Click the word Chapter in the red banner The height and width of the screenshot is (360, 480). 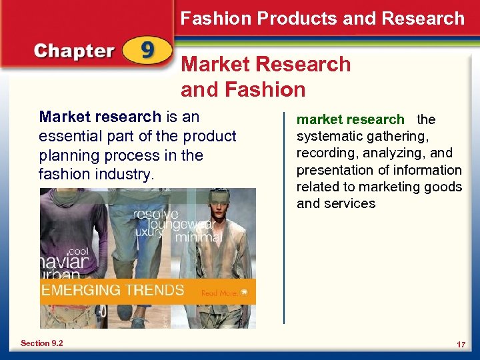tap(73, 52)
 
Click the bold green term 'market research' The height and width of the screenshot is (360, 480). tap(351, 120)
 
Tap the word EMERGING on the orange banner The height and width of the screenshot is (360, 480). tap(81, 291)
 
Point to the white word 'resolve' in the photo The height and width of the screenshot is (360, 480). tap(157, 214)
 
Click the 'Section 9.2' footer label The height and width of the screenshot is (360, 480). tap(42, 343)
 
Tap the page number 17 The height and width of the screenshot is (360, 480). tap(461, 344)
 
